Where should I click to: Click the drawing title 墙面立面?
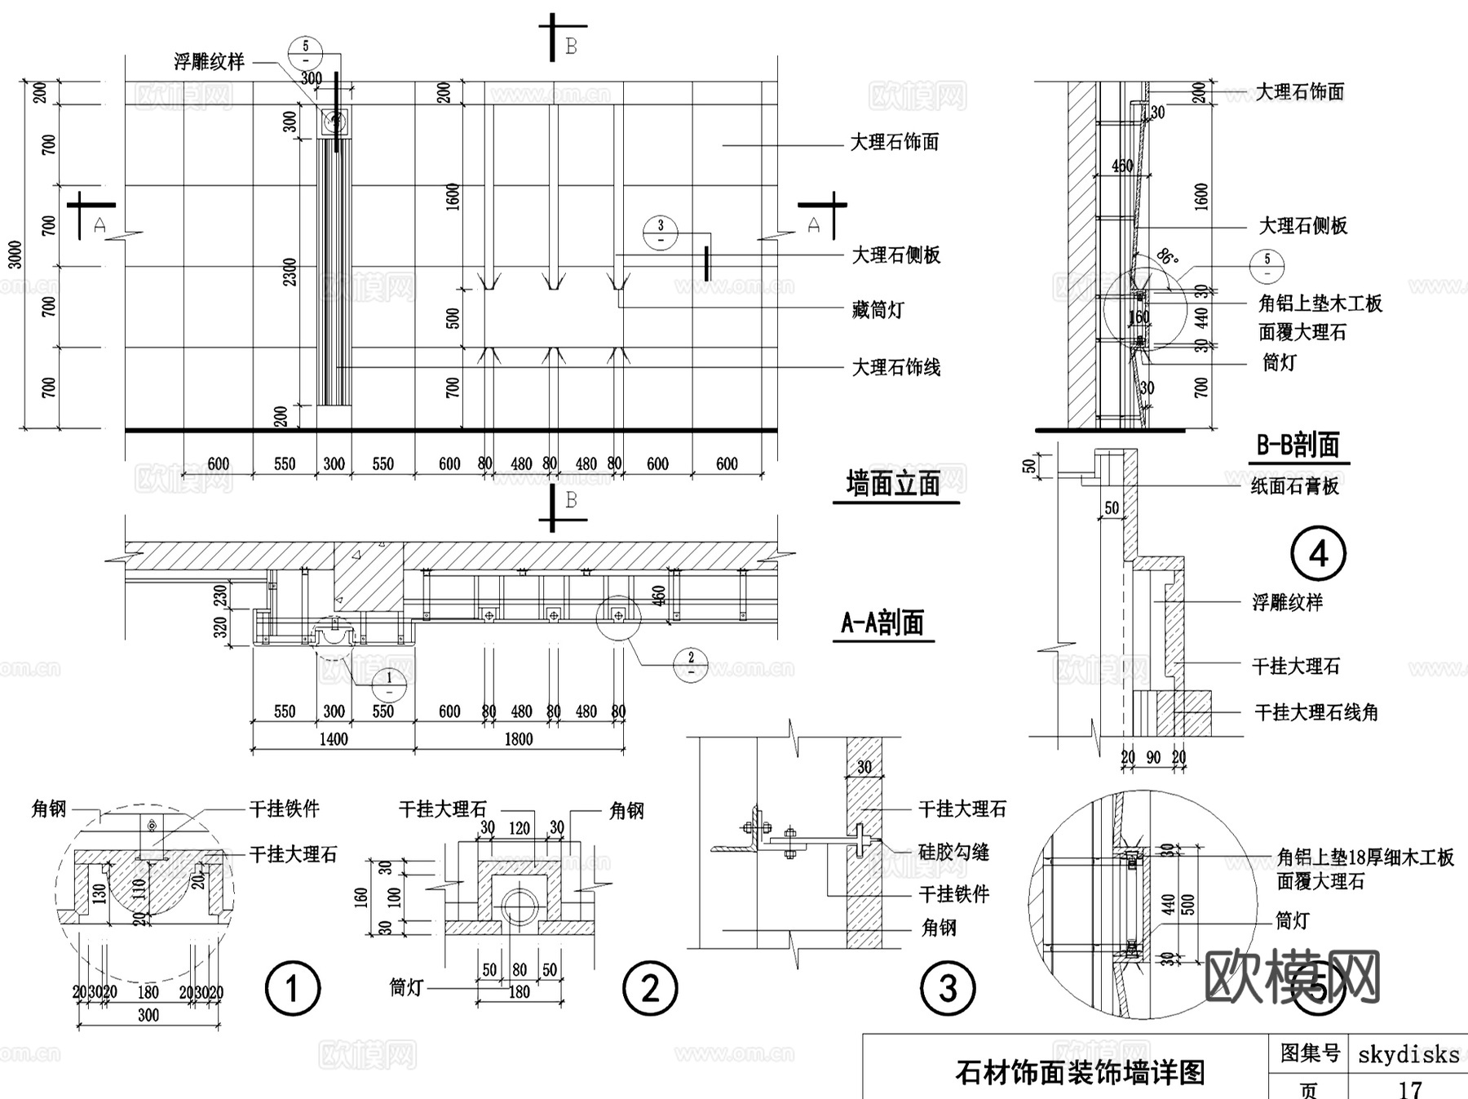click(x=894, y=484)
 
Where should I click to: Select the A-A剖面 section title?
click(x=882, y=623)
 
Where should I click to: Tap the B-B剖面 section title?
click(x=1298, y=445)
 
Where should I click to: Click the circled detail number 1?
click(x=293, y=989)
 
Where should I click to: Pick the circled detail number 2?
click(x=650, y=989)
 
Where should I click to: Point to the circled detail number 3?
click(x=948, y=989)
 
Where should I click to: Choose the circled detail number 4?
click(x=1318, y=555)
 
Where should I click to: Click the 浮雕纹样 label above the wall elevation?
click(x=209, y=62)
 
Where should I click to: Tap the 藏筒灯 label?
click(x=878, y=310)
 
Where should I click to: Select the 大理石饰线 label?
click(x=895, y=368)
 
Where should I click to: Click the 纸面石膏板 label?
click(x=1295, y=486)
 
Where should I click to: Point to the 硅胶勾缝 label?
click(x=953, y=853)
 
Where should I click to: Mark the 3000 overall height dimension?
click(x=15, y=255)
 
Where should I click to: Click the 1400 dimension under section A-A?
click(x=334, y=739)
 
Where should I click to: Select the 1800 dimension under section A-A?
click(x=519, y=739)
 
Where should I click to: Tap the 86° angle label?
click(x=1168, y=258)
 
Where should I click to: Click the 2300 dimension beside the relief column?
click(x=291, y=273)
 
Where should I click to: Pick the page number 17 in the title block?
click(x=1409, y=1088)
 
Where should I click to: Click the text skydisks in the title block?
click(x=1408, y=1055)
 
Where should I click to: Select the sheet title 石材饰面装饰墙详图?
click(x=1080, y=1072)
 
